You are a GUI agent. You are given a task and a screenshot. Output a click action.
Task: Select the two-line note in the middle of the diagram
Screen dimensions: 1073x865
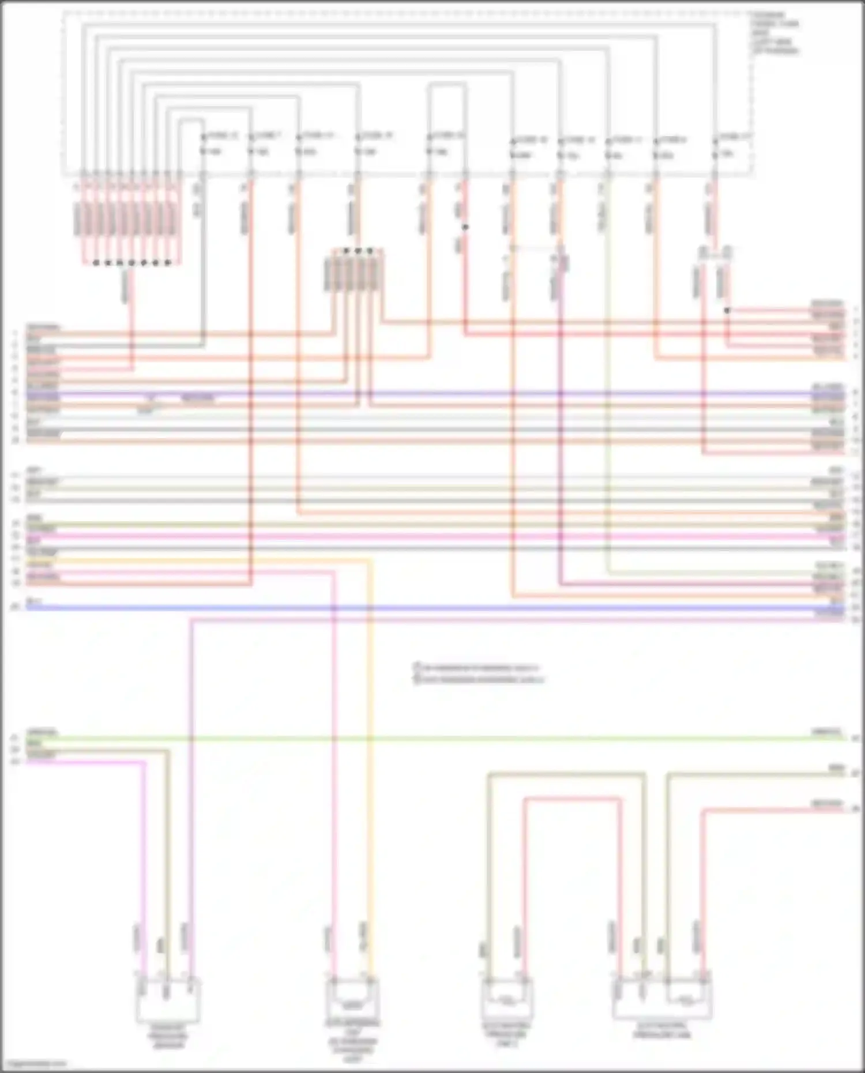coord(479,673)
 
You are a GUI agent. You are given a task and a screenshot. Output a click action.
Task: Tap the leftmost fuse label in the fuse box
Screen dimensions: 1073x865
coord(221,136)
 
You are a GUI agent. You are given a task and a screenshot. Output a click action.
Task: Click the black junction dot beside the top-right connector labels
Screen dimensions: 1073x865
coord(727,310)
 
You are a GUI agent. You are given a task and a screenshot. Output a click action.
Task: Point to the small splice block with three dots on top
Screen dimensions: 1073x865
coord(358,271)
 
